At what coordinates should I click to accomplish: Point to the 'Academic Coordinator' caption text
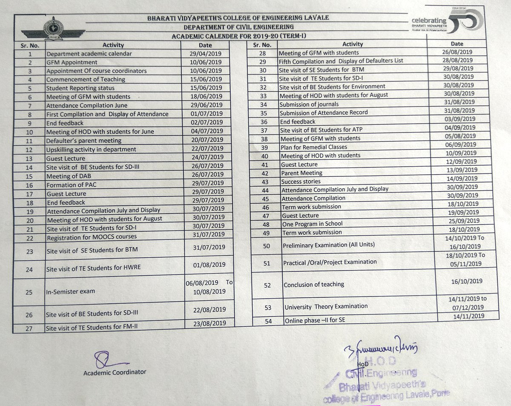coord(115,372)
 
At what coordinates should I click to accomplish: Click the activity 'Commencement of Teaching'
coord(86,79)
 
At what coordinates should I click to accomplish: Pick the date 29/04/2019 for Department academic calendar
coord(206,54)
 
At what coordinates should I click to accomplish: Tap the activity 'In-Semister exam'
coord(70,292)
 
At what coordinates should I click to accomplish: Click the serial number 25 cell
coord(29,292)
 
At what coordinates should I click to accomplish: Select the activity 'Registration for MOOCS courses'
coord(92,237)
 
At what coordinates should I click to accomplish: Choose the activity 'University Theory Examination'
coord(326,306)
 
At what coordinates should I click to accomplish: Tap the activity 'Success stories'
coord(301,181)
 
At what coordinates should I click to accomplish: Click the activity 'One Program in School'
coord(312,224)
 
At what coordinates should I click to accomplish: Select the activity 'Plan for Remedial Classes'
coord(314,147)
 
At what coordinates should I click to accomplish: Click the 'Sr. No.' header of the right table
coord(262,45)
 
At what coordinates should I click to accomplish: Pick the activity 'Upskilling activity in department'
coord(91,150)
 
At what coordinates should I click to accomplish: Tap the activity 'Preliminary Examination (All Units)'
coord(329,245)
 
